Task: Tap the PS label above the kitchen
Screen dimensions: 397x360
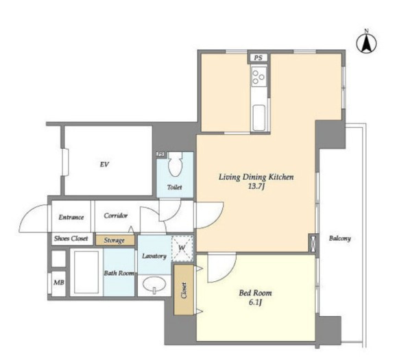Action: coord(258,58)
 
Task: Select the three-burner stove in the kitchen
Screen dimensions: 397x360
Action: coord(258,76)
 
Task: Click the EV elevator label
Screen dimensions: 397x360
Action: coord(104,165)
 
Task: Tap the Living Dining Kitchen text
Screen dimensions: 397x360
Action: coord(256,177)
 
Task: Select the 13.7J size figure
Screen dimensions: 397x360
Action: coord(256,187)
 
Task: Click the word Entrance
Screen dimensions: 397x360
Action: coord(71,217)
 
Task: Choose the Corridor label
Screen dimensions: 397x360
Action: coord(116,215)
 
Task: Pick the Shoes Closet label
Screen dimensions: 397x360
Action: coord(71,238)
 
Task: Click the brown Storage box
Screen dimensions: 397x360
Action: coord(115,240)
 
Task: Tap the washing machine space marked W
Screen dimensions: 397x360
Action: coord(182,249)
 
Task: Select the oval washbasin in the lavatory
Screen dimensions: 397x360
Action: coord(154,284)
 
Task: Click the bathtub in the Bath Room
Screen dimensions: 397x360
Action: coord(86,272)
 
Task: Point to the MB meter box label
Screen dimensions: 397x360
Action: coord(59,283)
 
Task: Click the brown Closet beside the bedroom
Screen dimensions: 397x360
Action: coord(184,290)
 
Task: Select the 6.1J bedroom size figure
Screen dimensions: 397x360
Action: coord(255,302)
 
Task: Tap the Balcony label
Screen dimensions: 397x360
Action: coord(340,238)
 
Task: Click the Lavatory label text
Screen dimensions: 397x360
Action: coord(154,256)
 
